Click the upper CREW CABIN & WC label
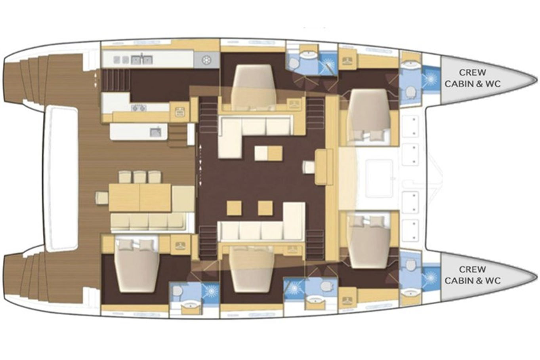[473, 78]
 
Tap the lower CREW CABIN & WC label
[473, 275]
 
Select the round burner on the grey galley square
[206, 60]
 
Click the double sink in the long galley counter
[142, 59]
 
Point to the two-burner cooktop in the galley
[139, 108]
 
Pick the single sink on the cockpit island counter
[155, 132]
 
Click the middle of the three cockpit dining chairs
[139, 177]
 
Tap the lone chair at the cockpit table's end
[102, 198]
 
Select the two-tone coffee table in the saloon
[268, 153]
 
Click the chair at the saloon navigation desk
[309, 167]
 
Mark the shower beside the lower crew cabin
[431, 276]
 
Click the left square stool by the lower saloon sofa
[234, 208]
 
